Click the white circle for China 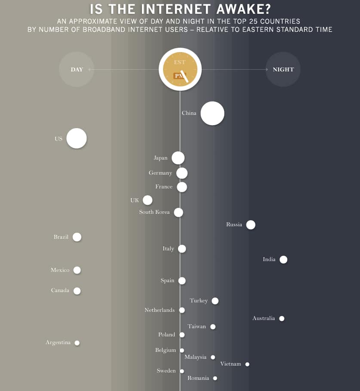click(x=212, y=114)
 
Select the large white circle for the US click(x=77, y=139)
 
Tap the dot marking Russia click(x=251, y=225)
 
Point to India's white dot click(x=283, y=259)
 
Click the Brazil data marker click(x=77, y=237)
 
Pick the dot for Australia click(x=282, y=319)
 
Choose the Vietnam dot click(x=247, y=364)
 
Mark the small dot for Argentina click(x=77, y=343)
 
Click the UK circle click(x=148, y=200)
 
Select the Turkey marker click(x=215, y=301)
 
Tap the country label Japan click(x=160, y=158)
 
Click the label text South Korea click(x=154, y=212)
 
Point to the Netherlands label click(x=160, y=310)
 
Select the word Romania click(x=198, y=378)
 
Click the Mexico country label click(x=60, y=270)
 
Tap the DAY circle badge click(x=77, y=69)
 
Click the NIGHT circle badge click(x=283, y=69)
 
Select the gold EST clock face click(x=180, y=69)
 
